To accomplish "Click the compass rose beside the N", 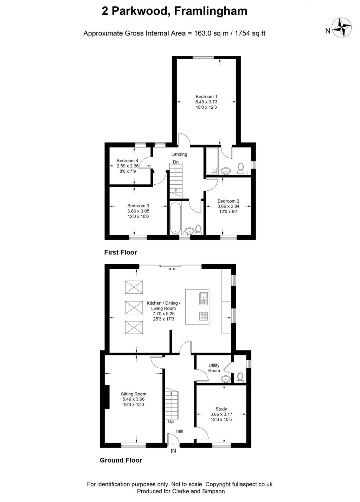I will coord(342,28).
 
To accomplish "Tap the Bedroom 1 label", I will coord(206,97).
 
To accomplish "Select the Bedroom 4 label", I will coord(128,161).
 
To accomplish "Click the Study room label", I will coord(221,409).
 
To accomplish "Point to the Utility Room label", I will coord(214,368).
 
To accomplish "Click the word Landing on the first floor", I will coord(179,154).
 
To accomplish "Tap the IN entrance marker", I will coord(173,451).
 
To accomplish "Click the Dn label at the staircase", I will coord(176,162).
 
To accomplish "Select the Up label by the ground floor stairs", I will coord(171,421).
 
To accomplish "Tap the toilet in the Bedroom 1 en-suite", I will coord(241,167).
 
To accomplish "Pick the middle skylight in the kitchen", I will coord(134,307).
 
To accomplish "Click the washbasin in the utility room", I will coord(226,379).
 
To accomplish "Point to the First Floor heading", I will coord(121,252).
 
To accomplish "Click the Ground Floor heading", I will coord(121,460).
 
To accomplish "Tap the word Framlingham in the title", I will coord(211,11).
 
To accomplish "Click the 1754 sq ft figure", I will coord(250,33).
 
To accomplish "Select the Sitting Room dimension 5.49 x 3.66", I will coord(134,399).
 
